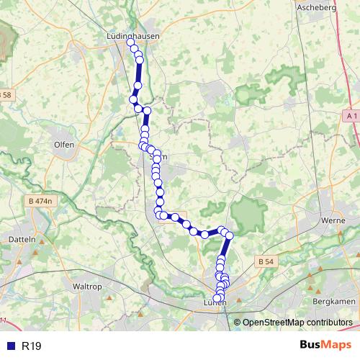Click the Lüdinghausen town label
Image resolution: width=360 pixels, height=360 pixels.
[131, 34]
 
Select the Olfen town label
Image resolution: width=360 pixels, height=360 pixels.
[64, 143]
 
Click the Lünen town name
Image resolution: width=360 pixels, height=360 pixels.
[215, 303]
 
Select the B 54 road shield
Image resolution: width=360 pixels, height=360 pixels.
[266, 263]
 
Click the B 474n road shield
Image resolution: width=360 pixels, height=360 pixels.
[40, 201]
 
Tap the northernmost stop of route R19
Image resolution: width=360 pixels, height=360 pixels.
[131, 42]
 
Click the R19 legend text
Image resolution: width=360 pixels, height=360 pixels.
[31, 346]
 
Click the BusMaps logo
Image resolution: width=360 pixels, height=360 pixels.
[325, 346]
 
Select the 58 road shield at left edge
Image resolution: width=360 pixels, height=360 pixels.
[6, 94]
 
